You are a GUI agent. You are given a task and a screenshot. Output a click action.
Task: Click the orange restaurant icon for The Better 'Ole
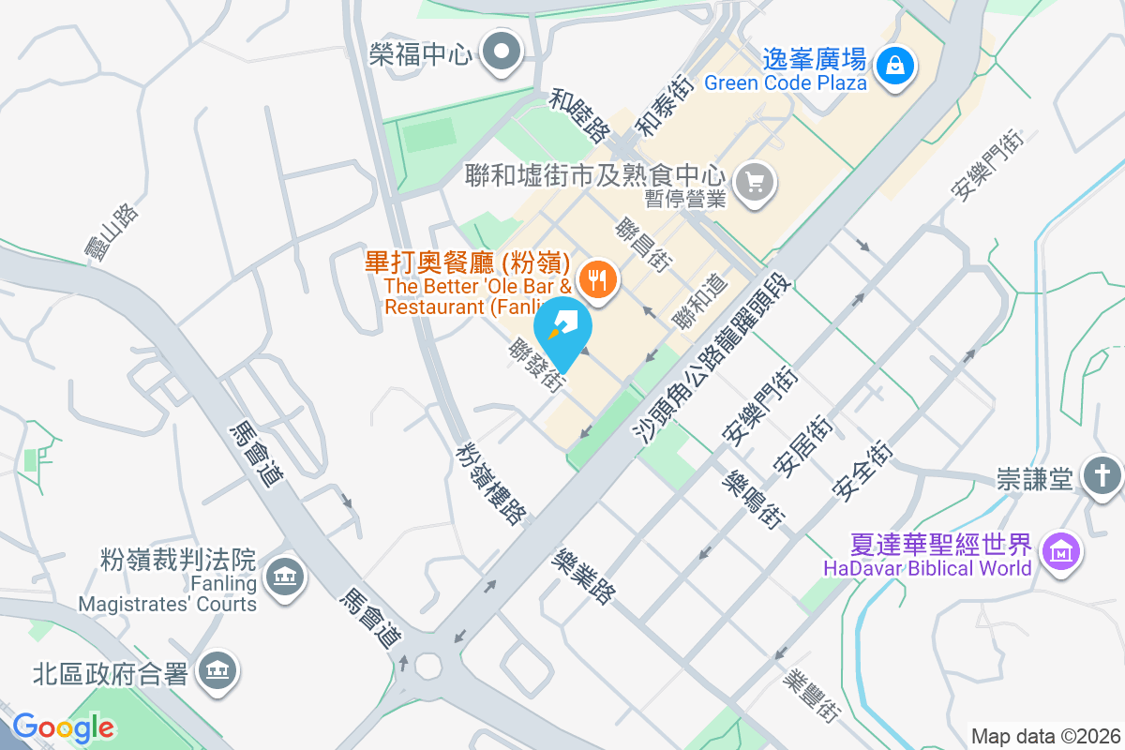click(596, 277)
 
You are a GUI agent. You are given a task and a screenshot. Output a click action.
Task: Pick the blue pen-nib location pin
click(563, 330)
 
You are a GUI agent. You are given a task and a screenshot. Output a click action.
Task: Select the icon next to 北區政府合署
click(217, 669)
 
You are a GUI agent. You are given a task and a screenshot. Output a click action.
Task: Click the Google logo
click(63, 727)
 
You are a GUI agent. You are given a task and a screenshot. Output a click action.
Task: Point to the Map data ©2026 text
click(1044, 736)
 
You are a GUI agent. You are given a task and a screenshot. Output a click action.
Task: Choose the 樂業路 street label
click(586, 577)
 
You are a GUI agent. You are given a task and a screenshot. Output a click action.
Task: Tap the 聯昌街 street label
click(642, 245)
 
